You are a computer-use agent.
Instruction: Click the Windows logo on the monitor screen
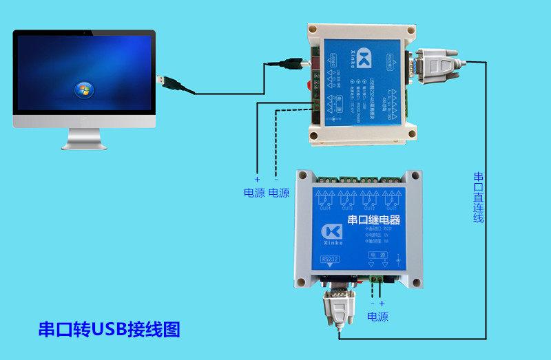[84, 89]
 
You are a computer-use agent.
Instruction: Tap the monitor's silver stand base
[85, 145]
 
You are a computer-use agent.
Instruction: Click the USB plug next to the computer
[169, 83]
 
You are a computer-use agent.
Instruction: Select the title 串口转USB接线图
[109, 330]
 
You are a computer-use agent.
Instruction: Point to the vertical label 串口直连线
[478, 197]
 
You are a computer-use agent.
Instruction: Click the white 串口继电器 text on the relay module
[374, 220]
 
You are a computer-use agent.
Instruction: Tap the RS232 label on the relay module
[330, 259]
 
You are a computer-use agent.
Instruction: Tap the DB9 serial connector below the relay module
[339, 306]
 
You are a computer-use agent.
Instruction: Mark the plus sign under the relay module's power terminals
[382, 303]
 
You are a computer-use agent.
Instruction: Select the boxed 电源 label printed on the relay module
[379, 255]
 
